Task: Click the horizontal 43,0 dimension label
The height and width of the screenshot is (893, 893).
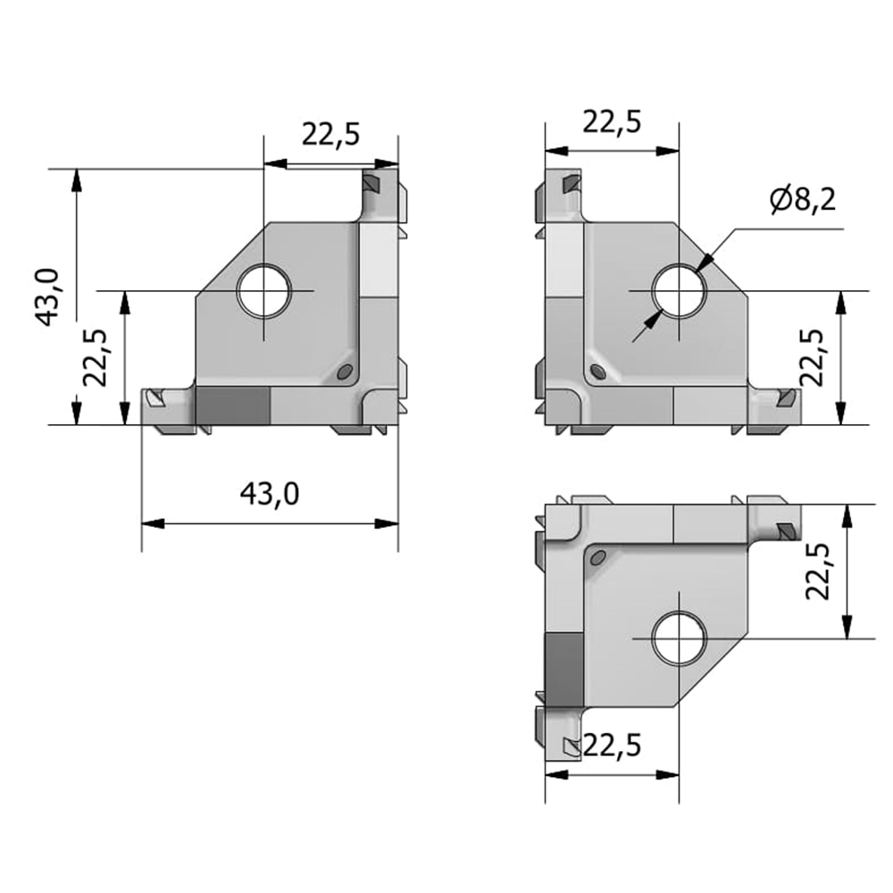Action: (x=270, y=494)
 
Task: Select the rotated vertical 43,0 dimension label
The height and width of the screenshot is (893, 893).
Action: (x=48, y=296)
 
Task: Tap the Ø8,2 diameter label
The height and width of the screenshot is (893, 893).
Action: (x=803, y=199)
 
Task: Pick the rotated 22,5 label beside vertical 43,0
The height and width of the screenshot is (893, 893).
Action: (x=96, y=358)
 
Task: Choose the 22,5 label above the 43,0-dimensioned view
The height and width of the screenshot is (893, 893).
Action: (x=331, y=135)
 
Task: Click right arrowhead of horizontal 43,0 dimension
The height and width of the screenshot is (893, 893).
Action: (x=387, y=523)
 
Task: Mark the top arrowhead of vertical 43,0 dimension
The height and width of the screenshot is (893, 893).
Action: (x=76, y=180)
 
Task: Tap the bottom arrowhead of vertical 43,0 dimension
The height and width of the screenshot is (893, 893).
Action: (x=76, y=413)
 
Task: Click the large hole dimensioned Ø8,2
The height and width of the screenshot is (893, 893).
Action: (x=679, y=290)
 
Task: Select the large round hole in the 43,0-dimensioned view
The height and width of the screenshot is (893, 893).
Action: (x=263, y=290)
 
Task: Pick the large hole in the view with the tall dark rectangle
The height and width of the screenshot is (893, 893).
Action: (x=679, y=638)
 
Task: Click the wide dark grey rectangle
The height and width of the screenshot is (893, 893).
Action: (x=232, y=406)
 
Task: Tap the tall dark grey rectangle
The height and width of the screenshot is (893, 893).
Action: (x=564, y=669)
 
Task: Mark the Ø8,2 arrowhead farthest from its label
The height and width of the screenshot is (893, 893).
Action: (x=653, y=319)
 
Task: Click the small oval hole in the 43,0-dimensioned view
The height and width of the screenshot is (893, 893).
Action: (x=344, y=371)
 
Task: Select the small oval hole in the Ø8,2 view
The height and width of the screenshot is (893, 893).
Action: (x=598, y=371)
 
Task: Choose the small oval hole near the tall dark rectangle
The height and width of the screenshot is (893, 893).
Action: (x=598, y=558)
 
